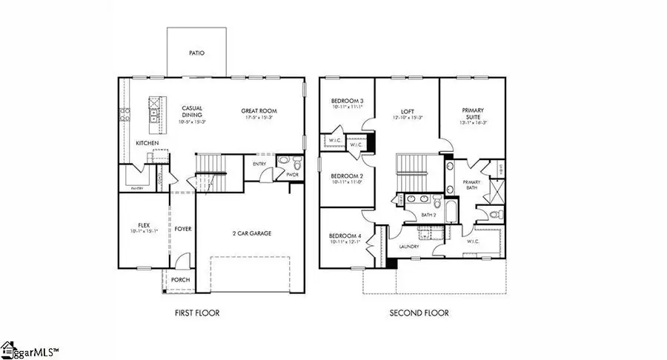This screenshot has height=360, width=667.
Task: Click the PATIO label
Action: click(196, 53)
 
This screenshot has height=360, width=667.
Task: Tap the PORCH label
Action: click(180, 279)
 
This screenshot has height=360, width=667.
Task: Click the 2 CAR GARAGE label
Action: click(250, 233)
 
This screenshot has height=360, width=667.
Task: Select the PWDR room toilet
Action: click(296, 162)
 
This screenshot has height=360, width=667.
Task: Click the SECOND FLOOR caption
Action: click(419, 313)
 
